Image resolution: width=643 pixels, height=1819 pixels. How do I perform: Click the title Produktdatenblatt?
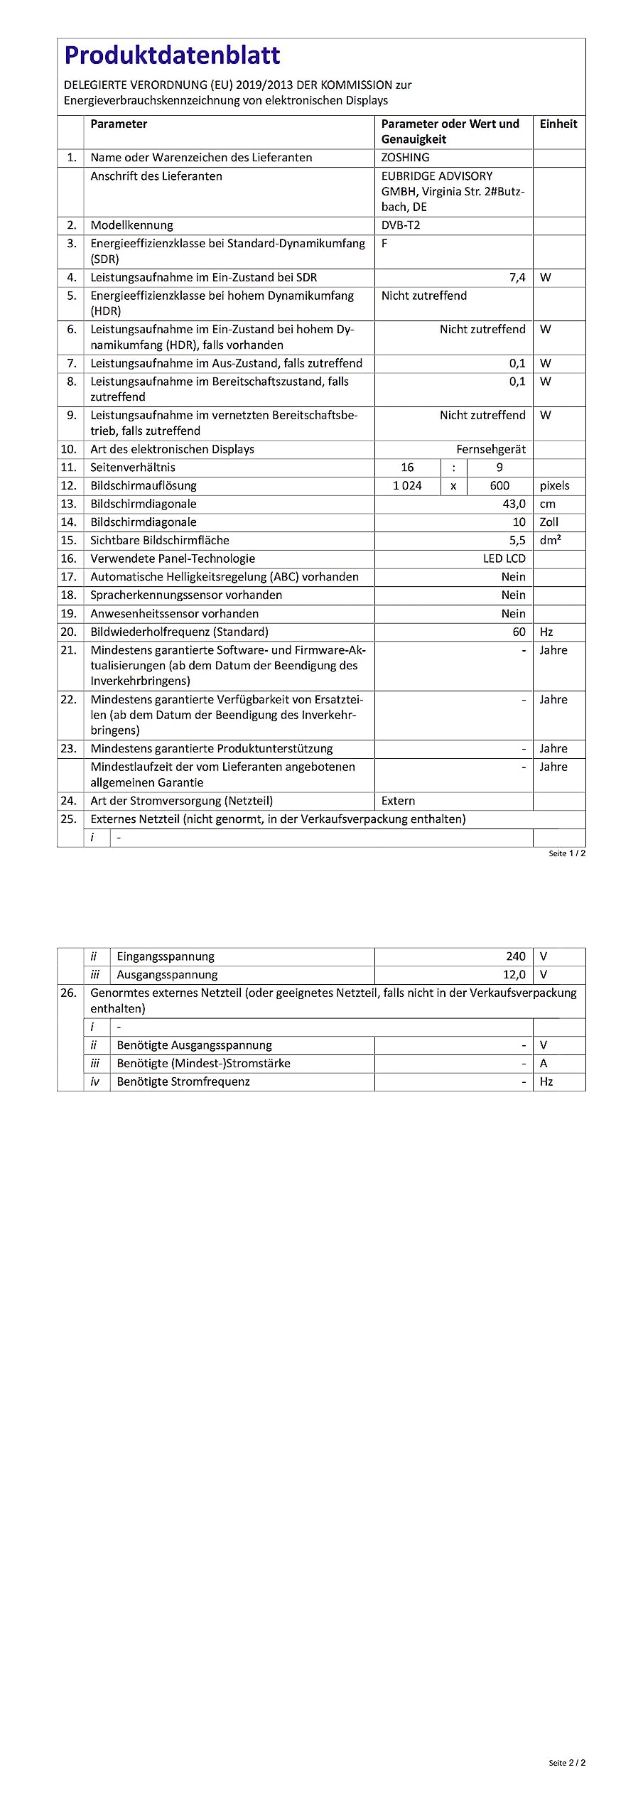click(172, 55)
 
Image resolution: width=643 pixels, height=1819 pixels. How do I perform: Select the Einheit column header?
click(558, 124)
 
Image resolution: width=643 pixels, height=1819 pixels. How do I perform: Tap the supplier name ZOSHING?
click(405, 157)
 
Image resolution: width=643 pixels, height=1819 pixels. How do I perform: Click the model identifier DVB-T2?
click(400, 225)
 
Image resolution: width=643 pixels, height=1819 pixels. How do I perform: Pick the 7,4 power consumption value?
click(517, 277)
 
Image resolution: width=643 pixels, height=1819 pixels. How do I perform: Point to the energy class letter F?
click(384, 243)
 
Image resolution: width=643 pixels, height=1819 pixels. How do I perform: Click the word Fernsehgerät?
click(491, 449)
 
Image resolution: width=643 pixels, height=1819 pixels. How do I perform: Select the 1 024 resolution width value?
click(407, 485)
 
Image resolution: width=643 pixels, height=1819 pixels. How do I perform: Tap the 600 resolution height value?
click(499, 485)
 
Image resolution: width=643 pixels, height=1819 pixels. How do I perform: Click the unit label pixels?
click(554, 485)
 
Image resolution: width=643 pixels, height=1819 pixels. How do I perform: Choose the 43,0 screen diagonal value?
click(514, 504)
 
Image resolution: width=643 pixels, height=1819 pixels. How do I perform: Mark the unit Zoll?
click(549, 522)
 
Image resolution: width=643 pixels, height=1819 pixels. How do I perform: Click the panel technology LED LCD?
click(504, 558)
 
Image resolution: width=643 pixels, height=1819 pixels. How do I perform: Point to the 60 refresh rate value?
click(519, 632)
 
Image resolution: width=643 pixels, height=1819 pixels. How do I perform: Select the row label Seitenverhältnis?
click(132, 467)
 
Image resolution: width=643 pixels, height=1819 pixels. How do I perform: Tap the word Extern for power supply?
click(398, 801)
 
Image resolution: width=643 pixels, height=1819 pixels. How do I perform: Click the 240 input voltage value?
click(516, 956)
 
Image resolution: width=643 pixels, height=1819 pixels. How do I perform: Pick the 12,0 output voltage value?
click(514, 975)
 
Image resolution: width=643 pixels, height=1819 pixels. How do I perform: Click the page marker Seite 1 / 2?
click(566, 853)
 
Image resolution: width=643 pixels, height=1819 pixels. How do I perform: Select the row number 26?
click(68, 993)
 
